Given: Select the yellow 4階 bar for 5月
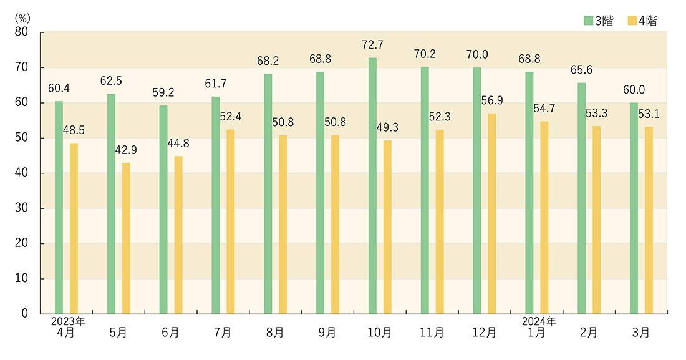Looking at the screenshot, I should pyautogui.click(x=126, y=238).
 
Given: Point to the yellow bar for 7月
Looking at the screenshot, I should pyautogui.click(x=231, y=221).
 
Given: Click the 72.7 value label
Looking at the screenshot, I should pyautogui.click(x=372, y=45).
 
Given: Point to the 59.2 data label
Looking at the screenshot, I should pyautogui.click(x=163, y=93).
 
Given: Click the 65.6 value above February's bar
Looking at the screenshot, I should pyautogui.click(x=581, y=71).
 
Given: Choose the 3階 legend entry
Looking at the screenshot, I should pyautogui.click(x=599, y=21).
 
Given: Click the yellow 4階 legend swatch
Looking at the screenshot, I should pyautogui.click(x=630, y=21).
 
